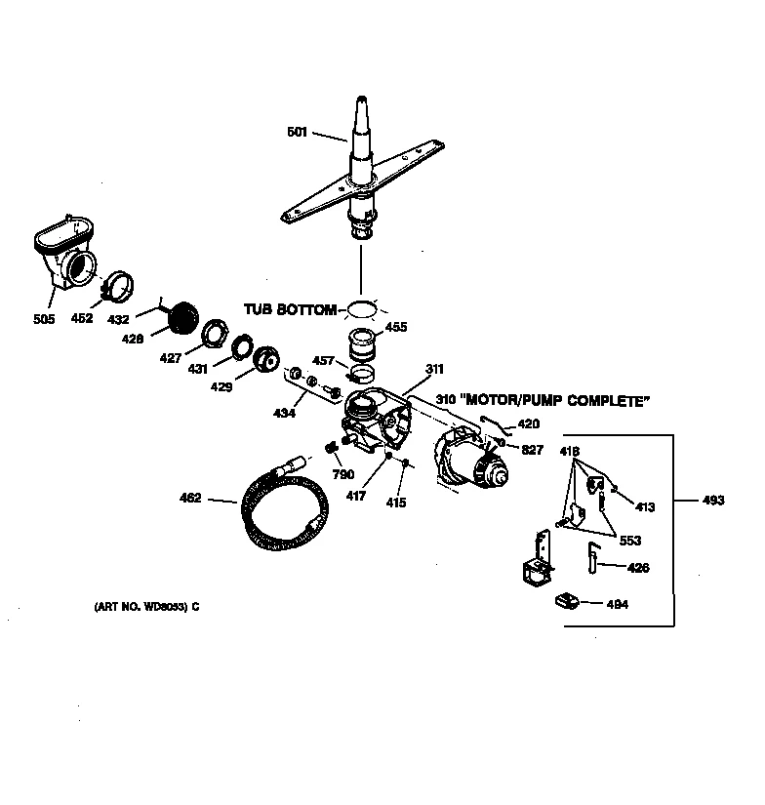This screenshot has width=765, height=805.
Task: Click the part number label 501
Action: [x=298, y=132]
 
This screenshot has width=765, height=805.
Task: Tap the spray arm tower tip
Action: [x=362, y=103]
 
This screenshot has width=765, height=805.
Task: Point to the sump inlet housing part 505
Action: [x=68, y=255]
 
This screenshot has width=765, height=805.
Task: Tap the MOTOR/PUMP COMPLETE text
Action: [x=558, y=401]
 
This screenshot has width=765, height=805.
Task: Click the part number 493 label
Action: [x=713, y=501]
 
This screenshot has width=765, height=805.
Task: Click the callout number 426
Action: [x=638, y=568]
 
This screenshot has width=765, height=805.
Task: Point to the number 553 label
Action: [x=629, y=542]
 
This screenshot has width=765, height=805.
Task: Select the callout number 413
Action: [x=644, y=507]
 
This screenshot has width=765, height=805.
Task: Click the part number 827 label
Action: [x=532, y=450]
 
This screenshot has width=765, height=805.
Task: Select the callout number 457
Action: [x=323, y=361]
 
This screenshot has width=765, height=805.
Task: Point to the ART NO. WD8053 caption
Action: [x=146, y=607]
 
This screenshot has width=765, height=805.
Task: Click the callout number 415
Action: [x=395, y=503]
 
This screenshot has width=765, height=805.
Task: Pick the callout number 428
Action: [x=133, y=339]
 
